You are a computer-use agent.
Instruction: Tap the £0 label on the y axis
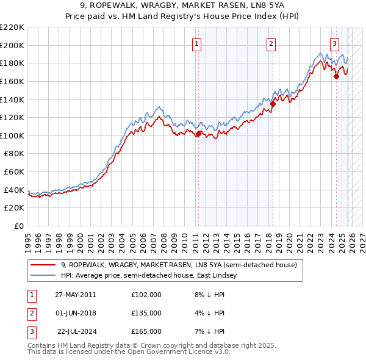pyautogui.click(x=18, y=226)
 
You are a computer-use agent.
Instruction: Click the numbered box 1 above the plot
pyautogui.click(x=198, y=43)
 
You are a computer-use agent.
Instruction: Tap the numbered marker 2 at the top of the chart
pyautogui.click(x=271, y=43)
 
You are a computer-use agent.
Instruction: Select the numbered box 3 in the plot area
pyautogui.click(x=335, y=43)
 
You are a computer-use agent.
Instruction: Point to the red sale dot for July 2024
pyautogui.click(x=336, y=77)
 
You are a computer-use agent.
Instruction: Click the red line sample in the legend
pyautogui.click(x=43, y=265)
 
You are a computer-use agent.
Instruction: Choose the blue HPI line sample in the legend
pyautogui.click(x=43, y=276)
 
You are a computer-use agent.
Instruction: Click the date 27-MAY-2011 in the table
pyautogui.click(x=75, y=295)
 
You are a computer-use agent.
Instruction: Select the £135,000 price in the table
pyautogui.click(x=146, y=313)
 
